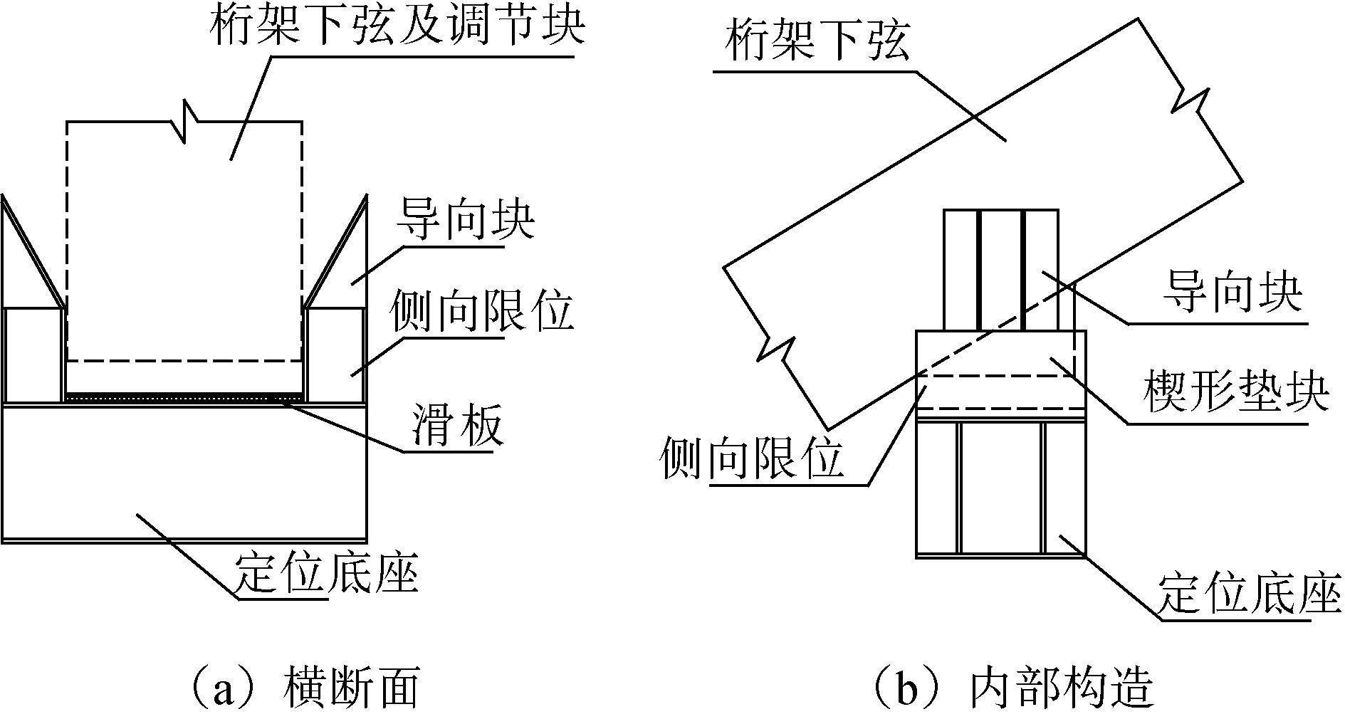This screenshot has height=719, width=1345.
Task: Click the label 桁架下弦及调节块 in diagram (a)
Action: coord(397,28)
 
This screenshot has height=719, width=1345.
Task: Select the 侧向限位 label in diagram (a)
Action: coord(481,313)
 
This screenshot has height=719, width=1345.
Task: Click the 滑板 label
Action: coord(456,426)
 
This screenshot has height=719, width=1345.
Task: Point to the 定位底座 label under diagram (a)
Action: coord(325,573)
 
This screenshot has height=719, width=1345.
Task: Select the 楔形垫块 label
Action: coord(1235,393)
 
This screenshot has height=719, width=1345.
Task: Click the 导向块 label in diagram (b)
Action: coord(1232,293)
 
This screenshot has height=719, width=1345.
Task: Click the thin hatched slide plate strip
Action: coord(184,397)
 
